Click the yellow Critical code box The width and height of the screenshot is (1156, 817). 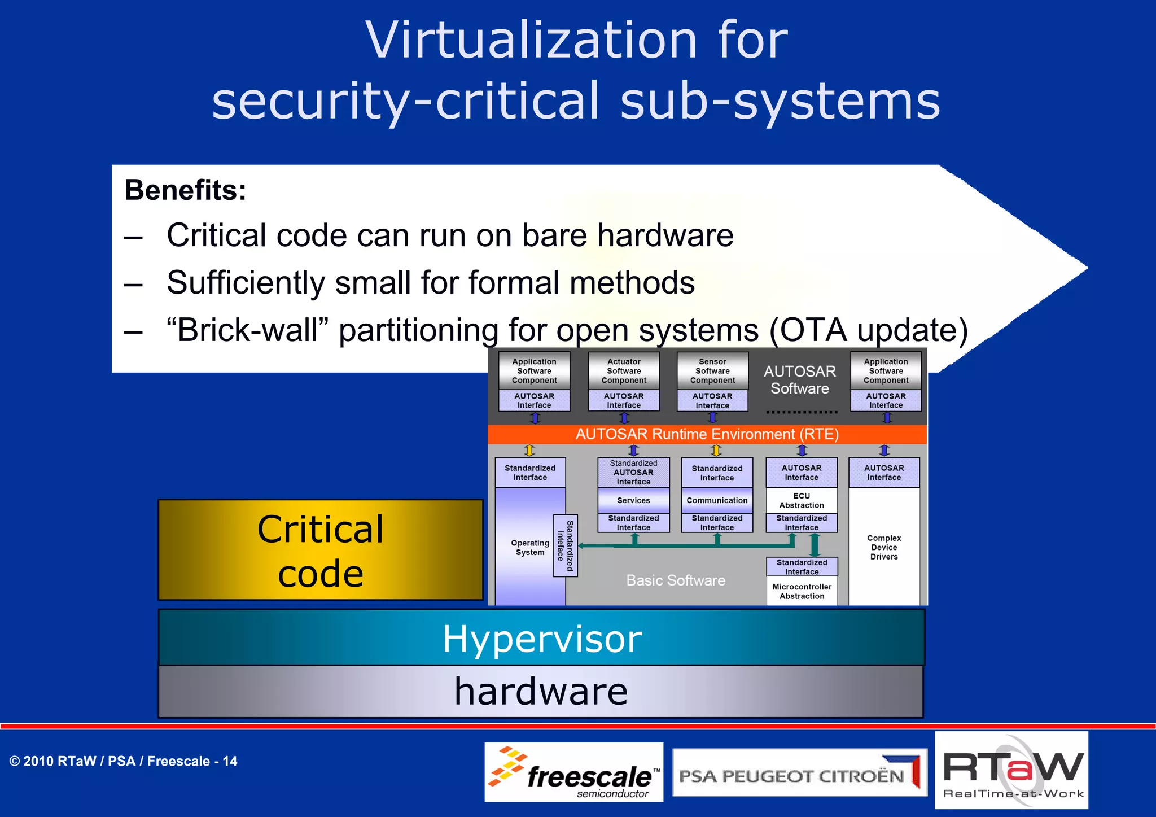[x=321, y=550]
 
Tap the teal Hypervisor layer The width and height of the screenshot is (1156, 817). [x=541, y=638]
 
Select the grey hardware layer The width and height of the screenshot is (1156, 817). [x=541, y=691]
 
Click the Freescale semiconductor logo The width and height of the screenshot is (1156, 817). [x=573, y=772]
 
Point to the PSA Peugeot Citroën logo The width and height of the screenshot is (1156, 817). [x=799, y=774]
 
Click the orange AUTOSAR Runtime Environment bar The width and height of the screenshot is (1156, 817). [x=707, y=434]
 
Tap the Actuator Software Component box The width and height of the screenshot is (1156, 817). [x=624, y=371]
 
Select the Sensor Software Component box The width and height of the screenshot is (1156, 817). [x=712, y=371]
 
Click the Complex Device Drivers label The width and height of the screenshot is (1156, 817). [x=884, y=547]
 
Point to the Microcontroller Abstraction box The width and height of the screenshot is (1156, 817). [x=802, y=591]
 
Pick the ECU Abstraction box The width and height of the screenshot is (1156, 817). [x=802, y=500]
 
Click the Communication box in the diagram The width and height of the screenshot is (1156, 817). [x=717, y=500]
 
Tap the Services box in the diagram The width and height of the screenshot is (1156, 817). [x=633, y=500]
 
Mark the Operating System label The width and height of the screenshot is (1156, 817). [x=529, y=547]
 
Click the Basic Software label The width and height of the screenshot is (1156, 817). [x=676, y=580]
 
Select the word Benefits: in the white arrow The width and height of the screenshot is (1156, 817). [x=185, y=190]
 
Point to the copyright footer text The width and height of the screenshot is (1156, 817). [x=123, y=761]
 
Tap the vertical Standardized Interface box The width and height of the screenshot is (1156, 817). [x=565, y=545]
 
